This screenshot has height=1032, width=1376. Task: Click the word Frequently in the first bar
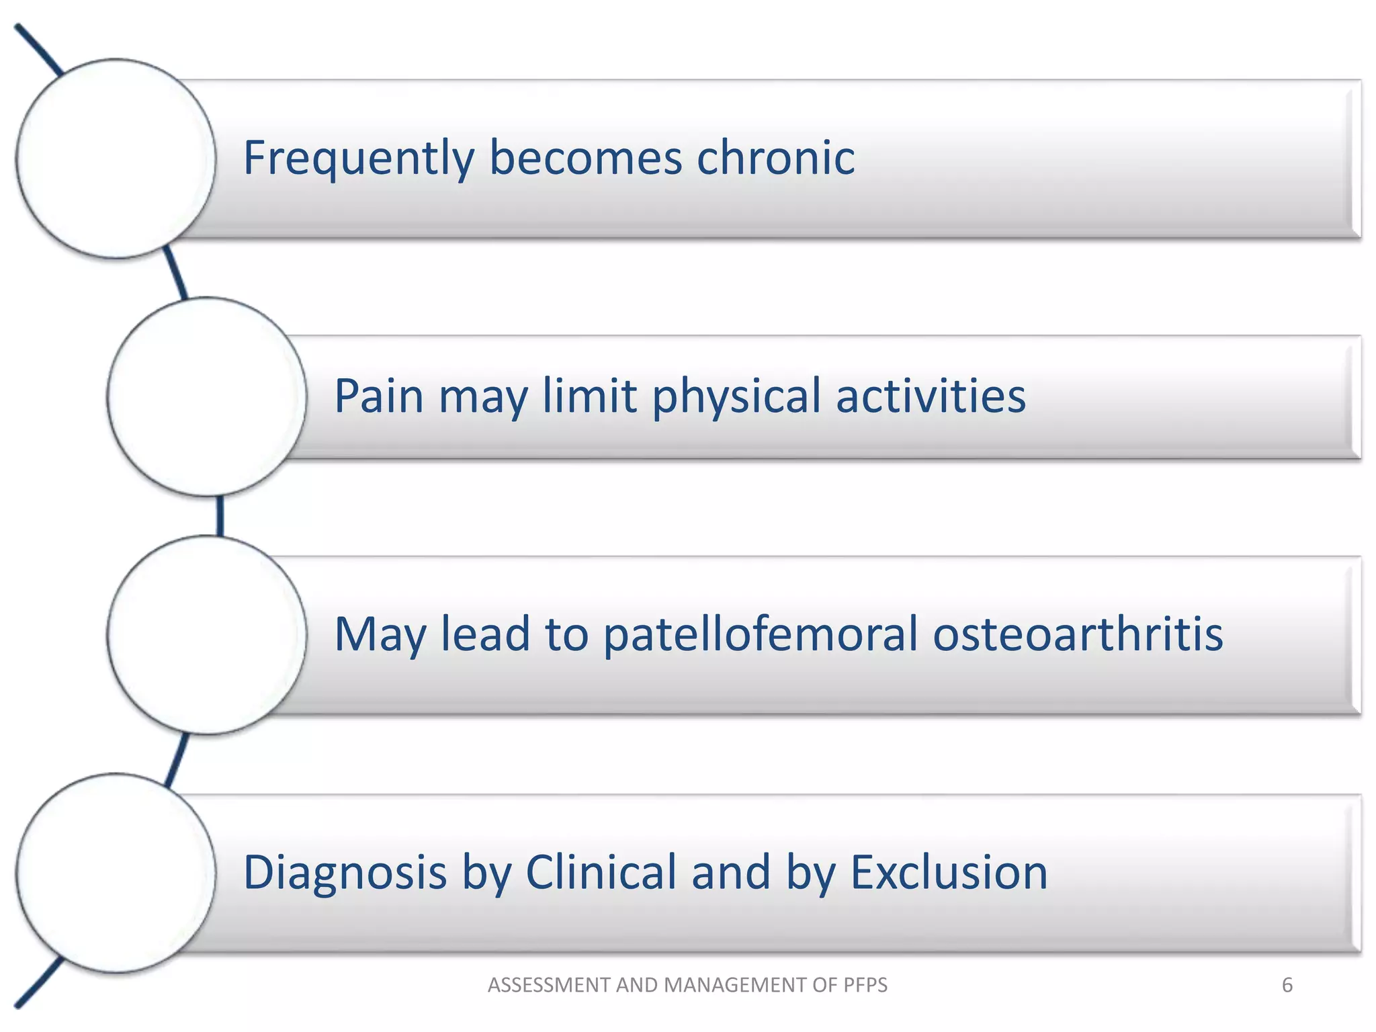point(358,159)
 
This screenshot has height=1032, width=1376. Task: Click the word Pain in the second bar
point(378,396)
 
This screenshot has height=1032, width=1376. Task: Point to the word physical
point(736,396)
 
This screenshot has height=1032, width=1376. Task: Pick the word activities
point(931,396)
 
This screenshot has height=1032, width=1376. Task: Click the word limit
point(589,396)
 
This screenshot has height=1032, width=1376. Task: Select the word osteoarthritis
point(1078,634)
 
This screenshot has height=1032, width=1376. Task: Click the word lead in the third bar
point(485,634)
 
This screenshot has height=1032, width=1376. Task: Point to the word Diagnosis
point(345,873)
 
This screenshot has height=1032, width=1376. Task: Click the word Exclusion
point(949,873)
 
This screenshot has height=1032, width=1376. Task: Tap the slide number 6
point(1287,985)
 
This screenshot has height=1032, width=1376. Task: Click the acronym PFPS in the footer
point(863,985)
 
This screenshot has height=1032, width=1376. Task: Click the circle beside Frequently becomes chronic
point(116,159)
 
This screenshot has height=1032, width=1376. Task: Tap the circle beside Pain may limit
point(207,396)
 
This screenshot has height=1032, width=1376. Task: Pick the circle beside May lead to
point(207,635)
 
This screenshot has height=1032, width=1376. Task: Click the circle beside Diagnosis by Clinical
point(116,873)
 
